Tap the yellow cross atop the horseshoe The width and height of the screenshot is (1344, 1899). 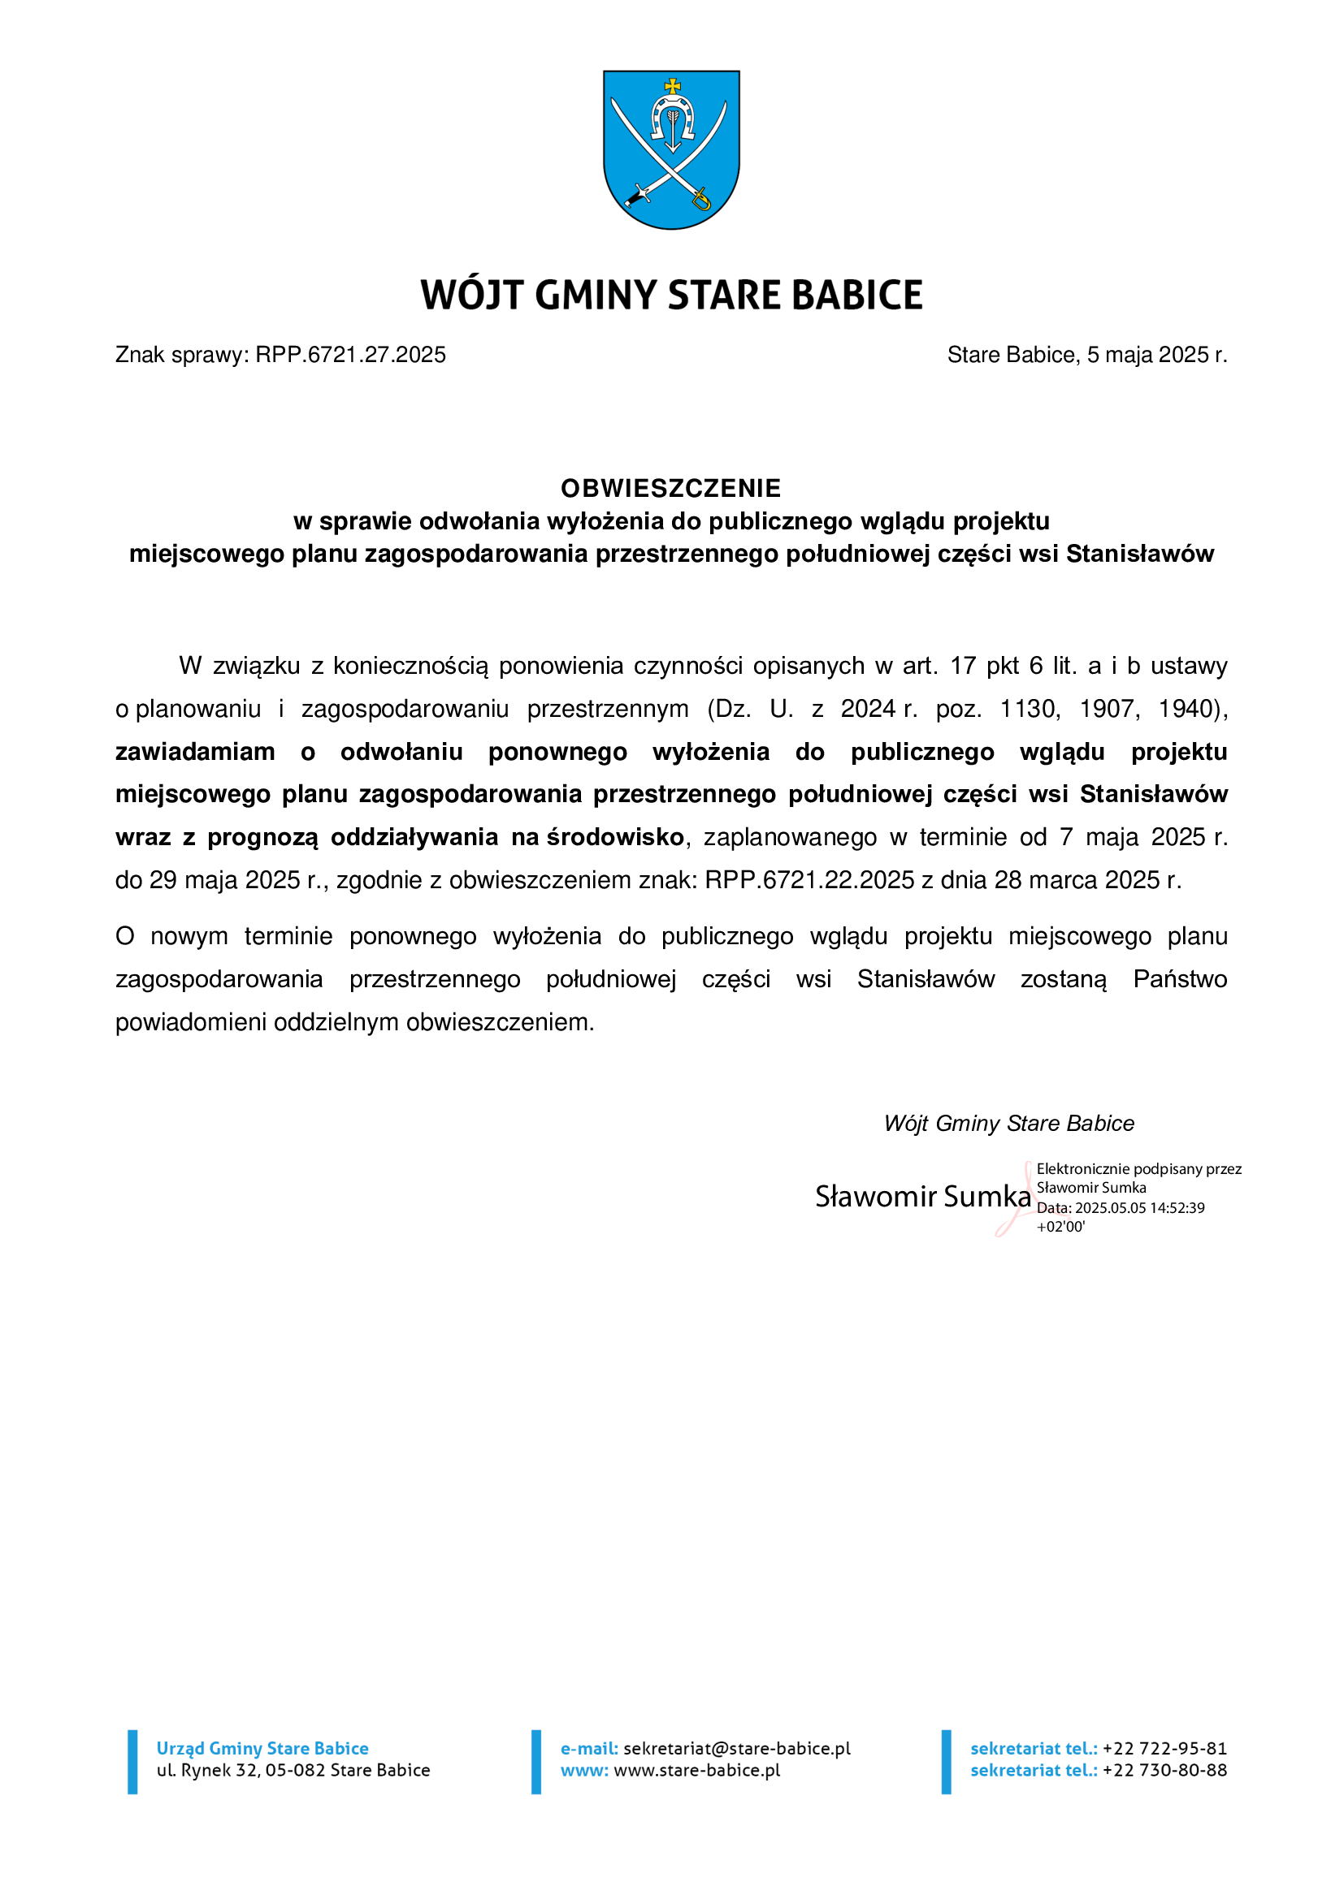[x=673, y=85]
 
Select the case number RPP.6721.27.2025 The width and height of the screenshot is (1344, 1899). [x=350, y=355]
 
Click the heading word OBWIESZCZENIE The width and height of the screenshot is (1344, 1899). [x=671, y=489]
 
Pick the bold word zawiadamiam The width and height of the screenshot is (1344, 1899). [x=195, y=752]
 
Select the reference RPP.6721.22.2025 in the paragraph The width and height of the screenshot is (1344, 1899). [x=809, y=880]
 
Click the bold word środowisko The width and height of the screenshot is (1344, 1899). [x=615, y=837]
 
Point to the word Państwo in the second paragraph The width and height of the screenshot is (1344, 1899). [x=1180, y=979]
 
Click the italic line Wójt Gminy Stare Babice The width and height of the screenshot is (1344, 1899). [x=1009, y=1123]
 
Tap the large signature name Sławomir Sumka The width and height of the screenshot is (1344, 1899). [x=923, y=1196]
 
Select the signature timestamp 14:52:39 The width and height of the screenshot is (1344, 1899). [x=1177, y=1207]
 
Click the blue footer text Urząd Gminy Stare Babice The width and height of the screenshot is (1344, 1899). [x=262, y=1749]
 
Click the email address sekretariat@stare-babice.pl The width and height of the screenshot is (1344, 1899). [x=736, y=1749]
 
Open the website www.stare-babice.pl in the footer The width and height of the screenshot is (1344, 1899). [x=697, y=1770]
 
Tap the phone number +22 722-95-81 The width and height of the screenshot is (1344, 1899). [x=1164, y=1749]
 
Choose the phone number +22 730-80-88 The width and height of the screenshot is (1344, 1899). [x=1164, y=1770]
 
